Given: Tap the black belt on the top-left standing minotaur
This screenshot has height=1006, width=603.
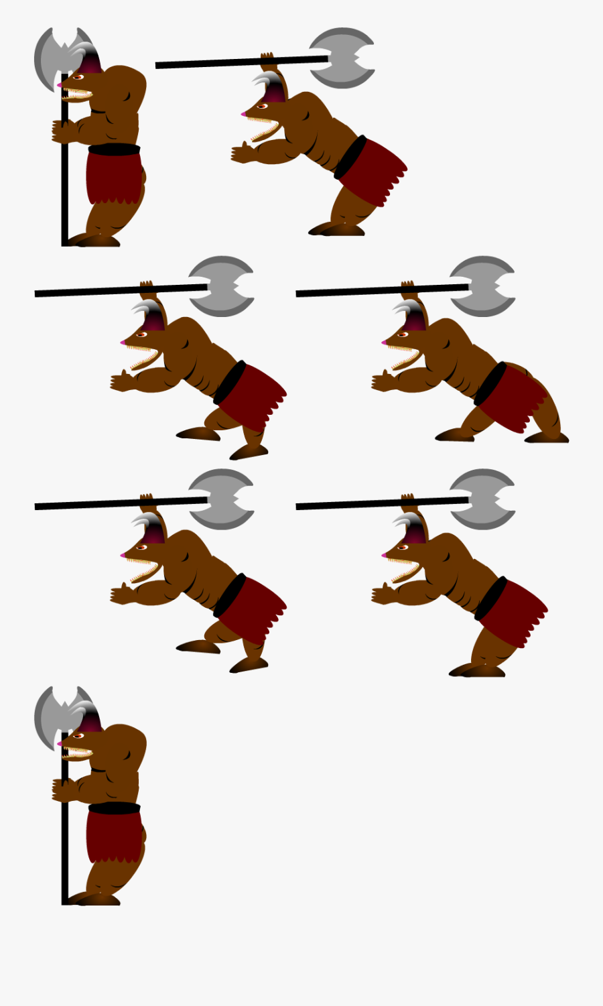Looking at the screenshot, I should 114,149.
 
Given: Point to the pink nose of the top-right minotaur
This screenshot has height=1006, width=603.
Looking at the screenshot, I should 243,114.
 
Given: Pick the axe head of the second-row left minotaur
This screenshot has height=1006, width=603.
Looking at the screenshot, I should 221,286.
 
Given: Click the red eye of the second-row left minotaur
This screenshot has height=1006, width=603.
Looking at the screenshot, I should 142,334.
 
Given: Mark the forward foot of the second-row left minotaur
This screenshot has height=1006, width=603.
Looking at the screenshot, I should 198,434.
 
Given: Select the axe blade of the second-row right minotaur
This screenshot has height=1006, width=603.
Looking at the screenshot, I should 482,286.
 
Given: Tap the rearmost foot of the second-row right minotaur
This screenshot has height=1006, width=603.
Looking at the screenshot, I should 547,438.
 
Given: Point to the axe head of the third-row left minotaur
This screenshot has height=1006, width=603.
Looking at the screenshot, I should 221,499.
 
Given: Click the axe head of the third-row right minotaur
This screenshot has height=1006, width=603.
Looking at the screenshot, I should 482,499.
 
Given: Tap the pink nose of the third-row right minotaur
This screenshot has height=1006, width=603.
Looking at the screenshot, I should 384,555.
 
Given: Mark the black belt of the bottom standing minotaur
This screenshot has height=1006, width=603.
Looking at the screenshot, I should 114,808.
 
